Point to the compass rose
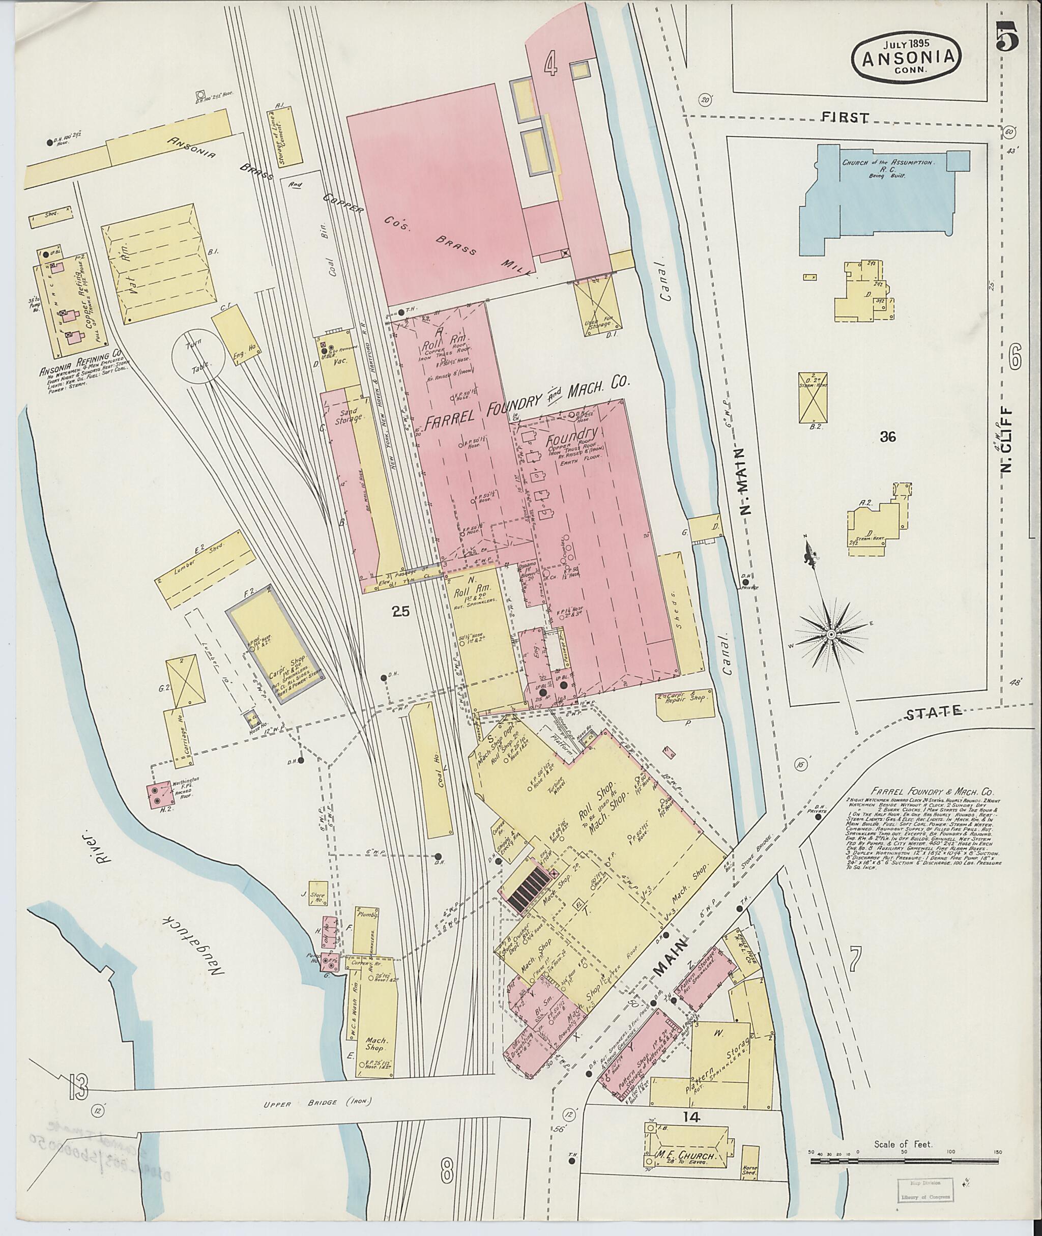coord(830,634)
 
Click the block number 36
coord(887,437)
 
